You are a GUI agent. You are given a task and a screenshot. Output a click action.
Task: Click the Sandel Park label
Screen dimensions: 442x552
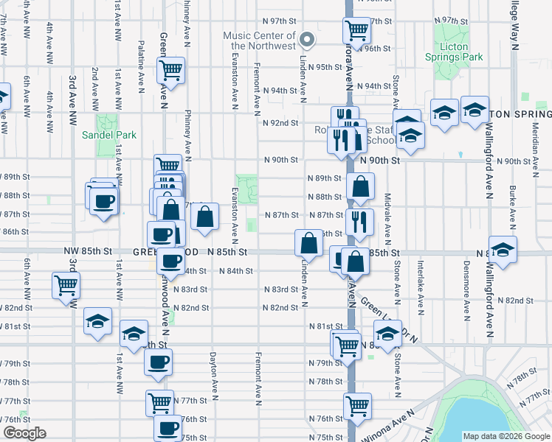109,136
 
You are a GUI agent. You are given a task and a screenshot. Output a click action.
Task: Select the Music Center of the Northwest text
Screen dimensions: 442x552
260,41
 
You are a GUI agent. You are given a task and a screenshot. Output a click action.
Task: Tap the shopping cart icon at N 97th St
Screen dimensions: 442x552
356,30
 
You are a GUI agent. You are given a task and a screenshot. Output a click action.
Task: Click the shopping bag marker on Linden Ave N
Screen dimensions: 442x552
308,242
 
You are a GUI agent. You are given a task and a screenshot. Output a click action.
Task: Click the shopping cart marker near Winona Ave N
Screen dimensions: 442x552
357,405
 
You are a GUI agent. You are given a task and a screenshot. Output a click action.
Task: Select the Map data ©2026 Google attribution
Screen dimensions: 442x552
506,436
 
